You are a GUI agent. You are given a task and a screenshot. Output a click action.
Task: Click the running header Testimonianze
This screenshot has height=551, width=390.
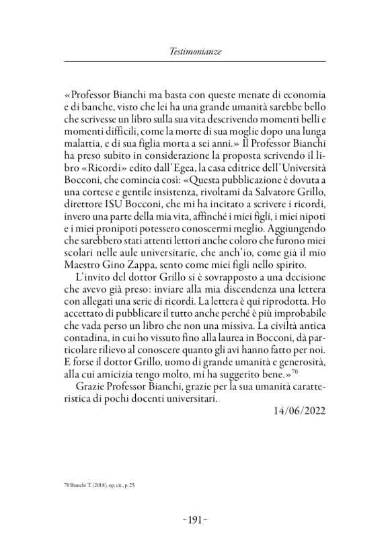tap(194, 50)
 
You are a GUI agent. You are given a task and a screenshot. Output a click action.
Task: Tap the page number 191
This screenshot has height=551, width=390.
tap(195, 519)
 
